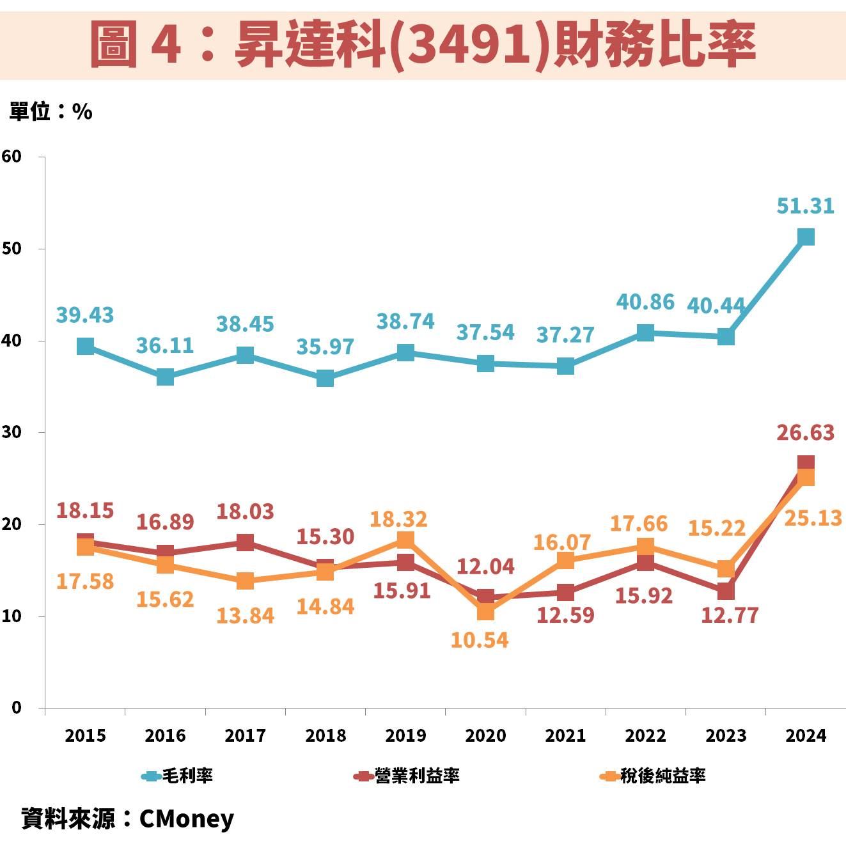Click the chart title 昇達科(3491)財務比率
(423, 43)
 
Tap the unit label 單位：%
(51, 112)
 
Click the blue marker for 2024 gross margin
(806, 237)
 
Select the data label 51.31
(805, 206)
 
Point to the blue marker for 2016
(165, 377)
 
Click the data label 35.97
(325, 346)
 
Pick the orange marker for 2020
(485, 611)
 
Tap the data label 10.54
(480, 639)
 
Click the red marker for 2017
(245, 542)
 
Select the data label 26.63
(805, 433)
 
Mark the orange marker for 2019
(405, 540)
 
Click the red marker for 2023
(726, 591)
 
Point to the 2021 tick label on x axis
(565, 735)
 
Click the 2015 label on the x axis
(85, 735)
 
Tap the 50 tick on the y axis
(12, 248)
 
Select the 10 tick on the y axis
(12, 616)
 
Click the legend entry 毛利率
(178, 776)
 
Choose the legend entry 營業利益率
(407, 776)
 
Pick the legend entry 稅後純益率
(653, 776)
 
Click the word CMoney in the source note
(186, 819)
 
